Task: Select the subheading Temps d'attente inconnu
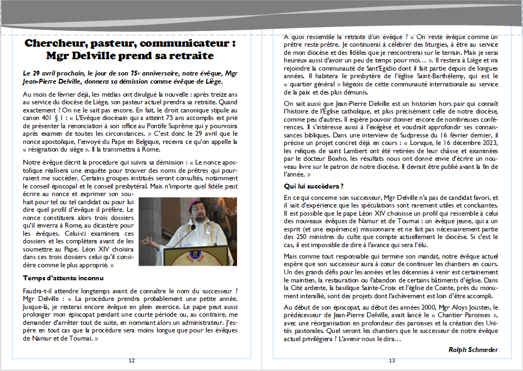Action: click(59, 278)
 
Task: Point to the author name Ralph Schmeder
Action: click(473, 350)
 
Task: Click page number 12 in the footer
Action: click(132, 361)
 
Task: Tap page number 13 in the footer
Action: click(391, 361)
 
